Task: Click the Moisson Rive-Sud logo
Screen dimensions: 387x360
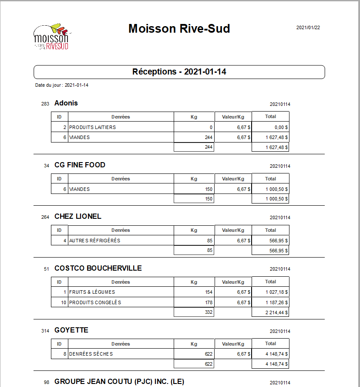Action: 52,36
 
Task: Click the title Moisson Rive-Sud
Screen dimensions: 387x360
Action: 179,29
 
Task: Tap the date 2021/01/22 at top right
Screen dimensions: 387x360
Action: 308,27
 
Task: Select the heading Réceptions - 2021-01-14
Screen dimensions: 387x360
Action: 179,72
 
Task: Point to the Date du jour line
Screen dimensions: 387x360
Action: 62,85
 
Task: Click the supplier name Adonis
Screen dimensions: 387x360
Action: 66,103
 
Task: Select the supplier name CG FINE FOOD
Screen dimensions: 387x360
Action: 80,165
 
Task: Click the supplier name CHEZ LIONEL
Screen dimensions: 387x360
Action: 77,216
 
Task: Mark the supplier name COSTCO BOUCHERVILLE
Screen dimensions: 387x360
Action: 98,268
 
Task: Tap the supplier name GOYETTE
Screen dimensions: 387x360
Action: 71,330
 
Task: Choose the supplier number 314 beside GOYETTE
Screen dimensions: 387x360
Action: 45,331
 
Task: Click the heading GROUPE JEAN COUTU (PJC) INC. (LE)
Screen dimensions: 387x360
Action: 119,381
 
